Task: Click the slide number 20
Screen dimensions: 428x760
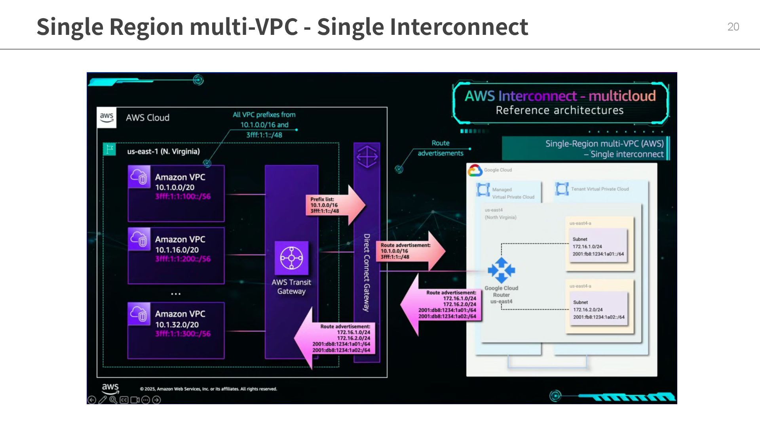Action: coord(733,27)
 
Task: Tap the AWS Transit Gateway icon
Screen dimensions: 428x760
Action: coord(292,258)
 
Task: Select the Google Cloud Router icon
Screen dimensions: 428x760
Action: coord(502,270)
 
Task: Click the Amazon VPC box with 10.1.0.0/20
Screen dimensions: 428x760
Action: coord(176,193)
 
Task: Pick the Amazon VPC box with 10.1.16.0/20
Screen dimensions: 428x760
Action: coord(176,256)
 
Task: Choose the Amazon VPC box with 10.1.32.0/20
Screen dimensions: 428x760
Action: coord(176,331)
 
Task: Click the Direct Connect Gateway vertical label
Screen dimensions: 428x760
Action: coord(367,272)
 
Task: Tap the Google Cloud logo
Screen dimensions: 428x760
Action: coord(475,170)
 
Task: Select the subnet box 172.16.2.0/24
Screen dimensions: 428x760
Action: coord(598,310)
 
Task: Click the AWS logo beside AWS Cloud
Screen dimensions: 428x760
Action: coord(107,117)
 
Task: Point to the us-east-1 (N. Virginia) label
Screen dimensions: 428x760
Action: coord(163,151)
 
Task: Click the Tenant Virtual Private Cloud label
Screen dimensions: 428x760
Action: coord(600,189)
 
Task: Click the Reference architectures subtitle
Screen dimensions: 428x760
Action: coord(559,110)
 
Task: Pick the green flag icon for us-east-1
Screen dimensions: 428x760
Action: coord(109,149)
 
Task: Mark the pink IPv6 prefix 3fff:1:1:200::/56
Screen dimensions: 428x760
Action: coord(183,259)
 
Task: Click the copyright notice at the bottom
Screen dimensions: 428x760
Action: coord(208,389)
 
